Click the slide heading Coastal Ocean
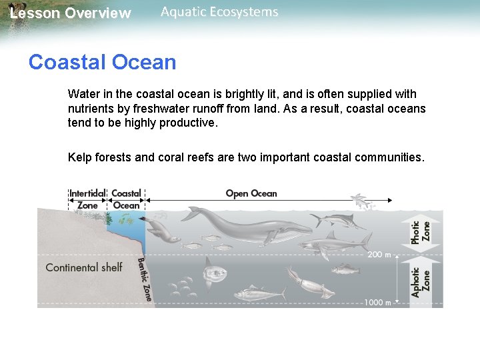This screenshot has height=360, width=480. (x=102, y=62)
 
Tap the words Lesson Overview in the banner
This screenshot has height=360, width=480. (x=71, y=13)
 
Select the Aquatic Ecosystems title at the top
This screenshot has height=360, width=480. (x=219, y=12)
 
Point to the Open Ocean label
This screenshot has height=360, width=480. (x=251, y=193)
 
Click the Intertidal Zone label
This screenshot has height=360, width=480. (x=87, y=199)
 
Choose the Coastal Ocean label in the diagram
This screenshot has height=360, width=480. (x=126, y=199)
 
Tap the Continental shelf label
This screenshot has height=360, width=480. (x=83, y=267)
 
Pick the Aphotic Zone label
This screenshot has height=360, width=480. (x=421, y=281)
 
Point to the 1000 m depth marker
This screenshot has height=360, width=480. (x=377, y=302)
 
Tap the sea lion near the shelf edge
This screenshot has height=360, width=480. (x=162, y=231)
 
